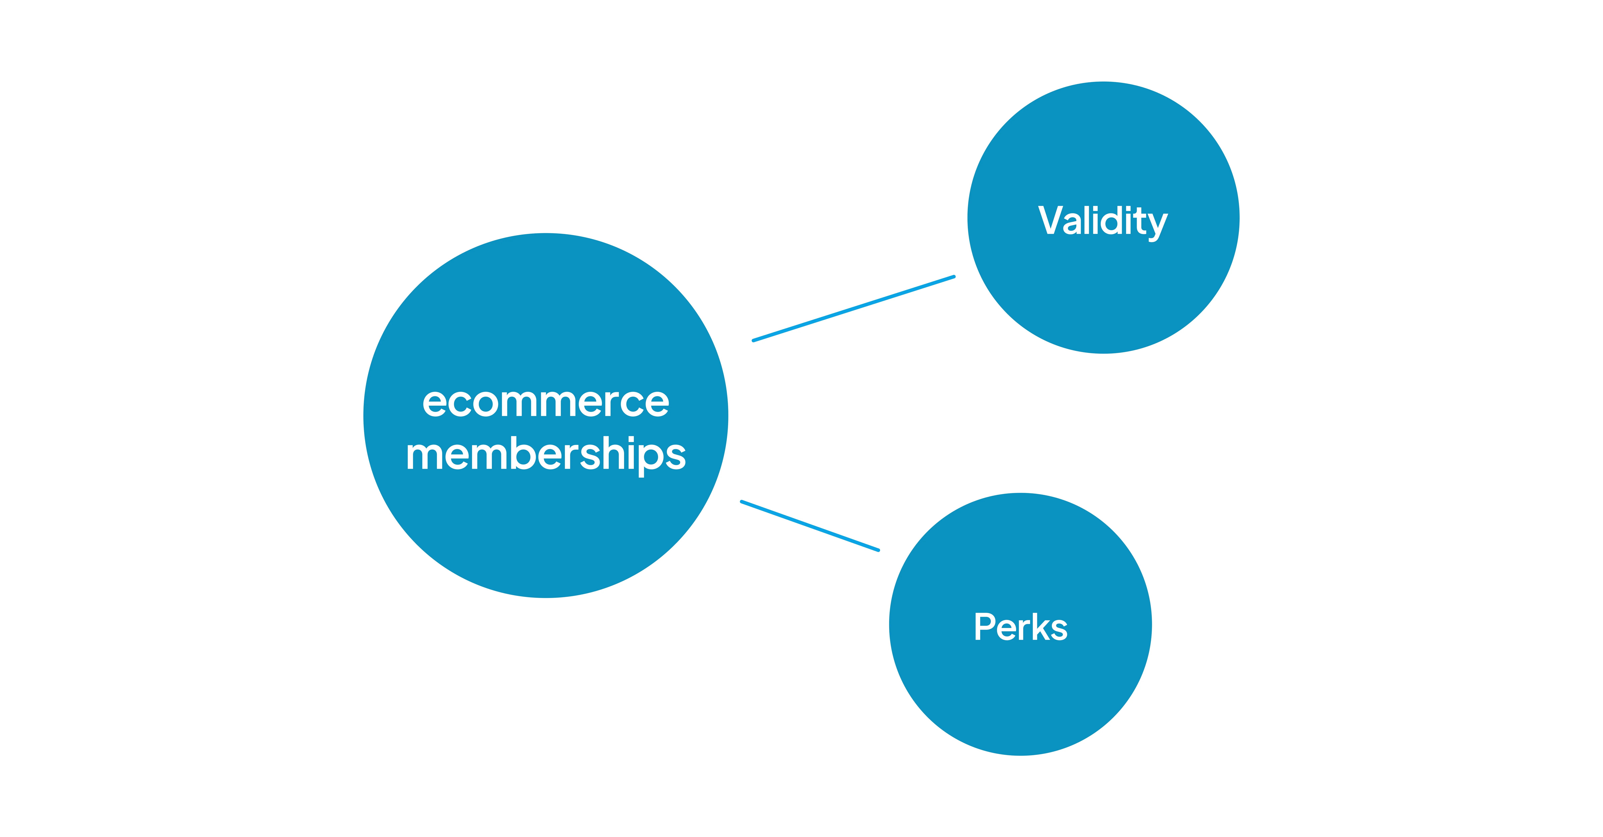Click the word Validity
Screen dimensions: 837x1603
click(x=1103, y=221)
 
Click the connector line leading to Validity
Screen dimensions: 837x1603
click(x=854, y=309)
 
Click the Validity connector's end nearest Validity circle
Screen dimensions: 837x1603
click(x=953, y=277)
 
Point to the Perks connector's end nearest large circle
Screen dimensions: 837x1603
click(x=742, y=502)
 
